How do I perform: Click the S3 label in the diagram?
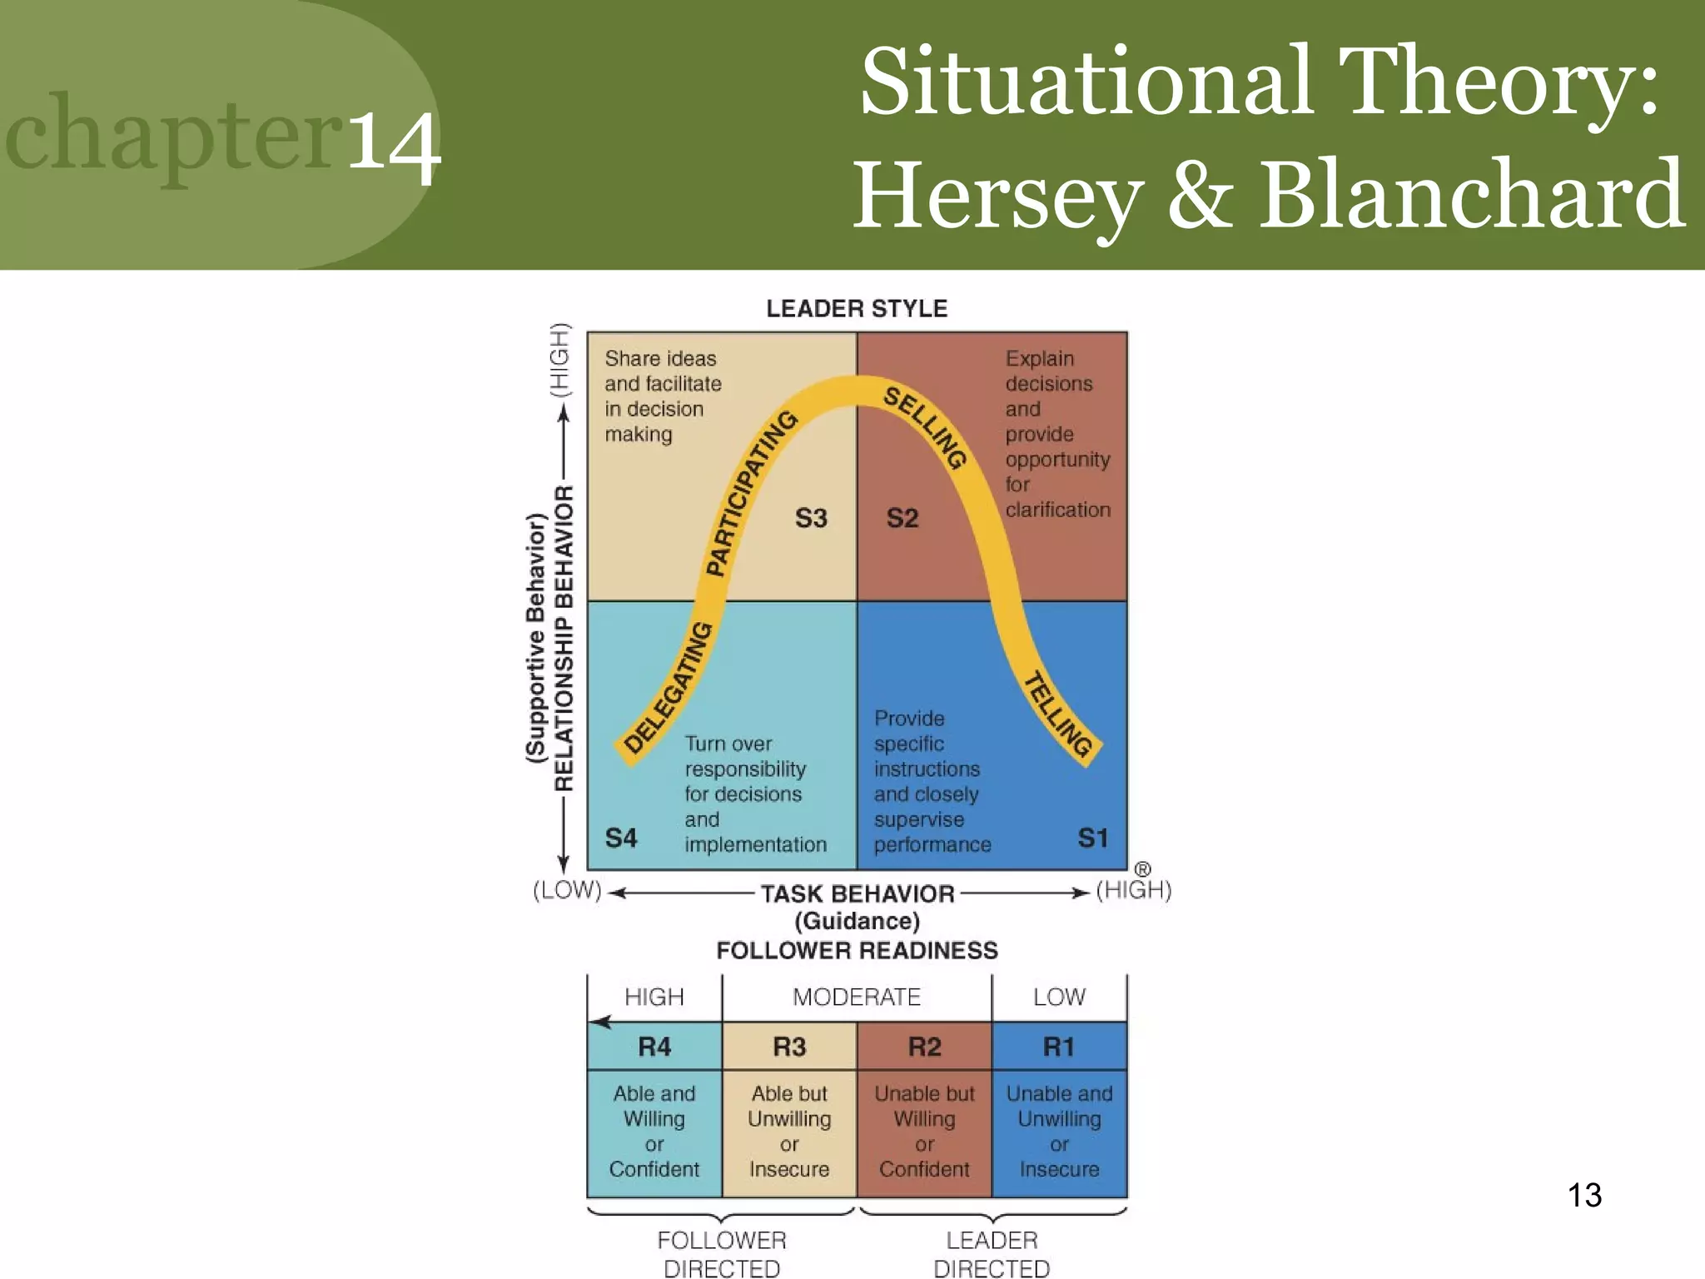(x=811, y=518)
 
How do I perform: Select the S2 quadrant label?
(x=902, y=518)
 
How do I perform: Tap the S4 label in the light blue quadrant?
(x=621, y=838)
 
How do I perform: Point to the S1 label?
(x=1092, y=838)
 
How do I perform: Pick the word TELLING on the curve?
(x=1057, y=714)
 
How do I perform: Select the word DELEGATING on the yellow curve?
(x=668, y=688)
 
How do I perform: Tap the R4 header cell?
(x=654, y=1047)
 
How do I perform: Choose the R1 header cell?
(x=1059, y=1047)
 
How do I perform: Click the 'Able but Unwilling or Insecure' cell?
(x=789, y=1131)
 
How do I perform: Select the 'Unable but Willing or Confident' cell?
(x=924, y=1131)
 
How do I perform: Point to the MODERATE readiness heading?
(x=857, y=997)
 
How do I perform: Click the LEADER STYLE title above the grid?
(x=857, y=309)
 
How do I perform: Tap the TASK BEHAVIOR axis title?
(x=857, y=894)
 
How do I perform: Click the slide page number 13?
(x=1584, y=1196)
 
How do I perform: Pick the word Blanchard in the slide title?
(x=1471, y=195)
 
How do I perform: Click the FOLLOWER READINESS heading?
(x=857, y=951)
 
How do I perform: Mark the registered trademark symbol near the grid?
(x=1142, y=869)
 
